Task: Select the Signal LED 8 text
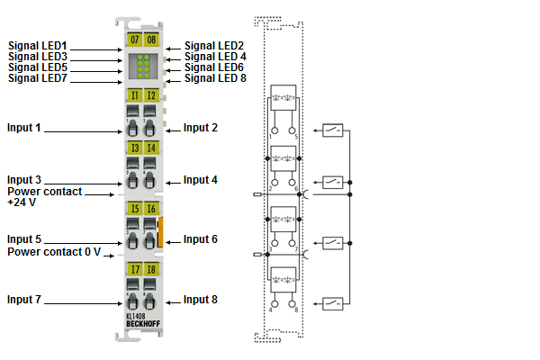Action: point(215,78)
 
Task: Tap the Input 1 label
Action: point(24,128)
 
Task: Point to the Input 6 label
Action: point(201,239)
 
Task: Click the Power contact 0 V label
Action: point(54,252)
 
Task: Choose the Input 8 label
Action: point(201,299)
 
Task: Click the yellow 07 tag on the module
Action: point(134,40)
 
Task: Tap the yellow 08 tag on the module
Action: point(150,40)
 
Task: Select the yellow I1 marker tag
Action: point(134,94)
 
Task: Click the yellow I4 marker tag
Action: point(150,148)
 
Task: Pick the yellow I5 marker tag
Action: point(134,209)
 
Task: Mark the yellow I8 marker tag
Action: point(150,268)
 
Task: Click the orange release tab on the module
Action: point(161,232)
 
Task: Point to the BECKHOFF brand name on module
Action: point(141,325)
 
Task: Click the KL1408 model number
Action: point(136,318)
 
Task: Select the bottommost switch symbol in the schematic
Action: point(332,303)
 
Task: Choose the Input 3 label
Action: point(24,180)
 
